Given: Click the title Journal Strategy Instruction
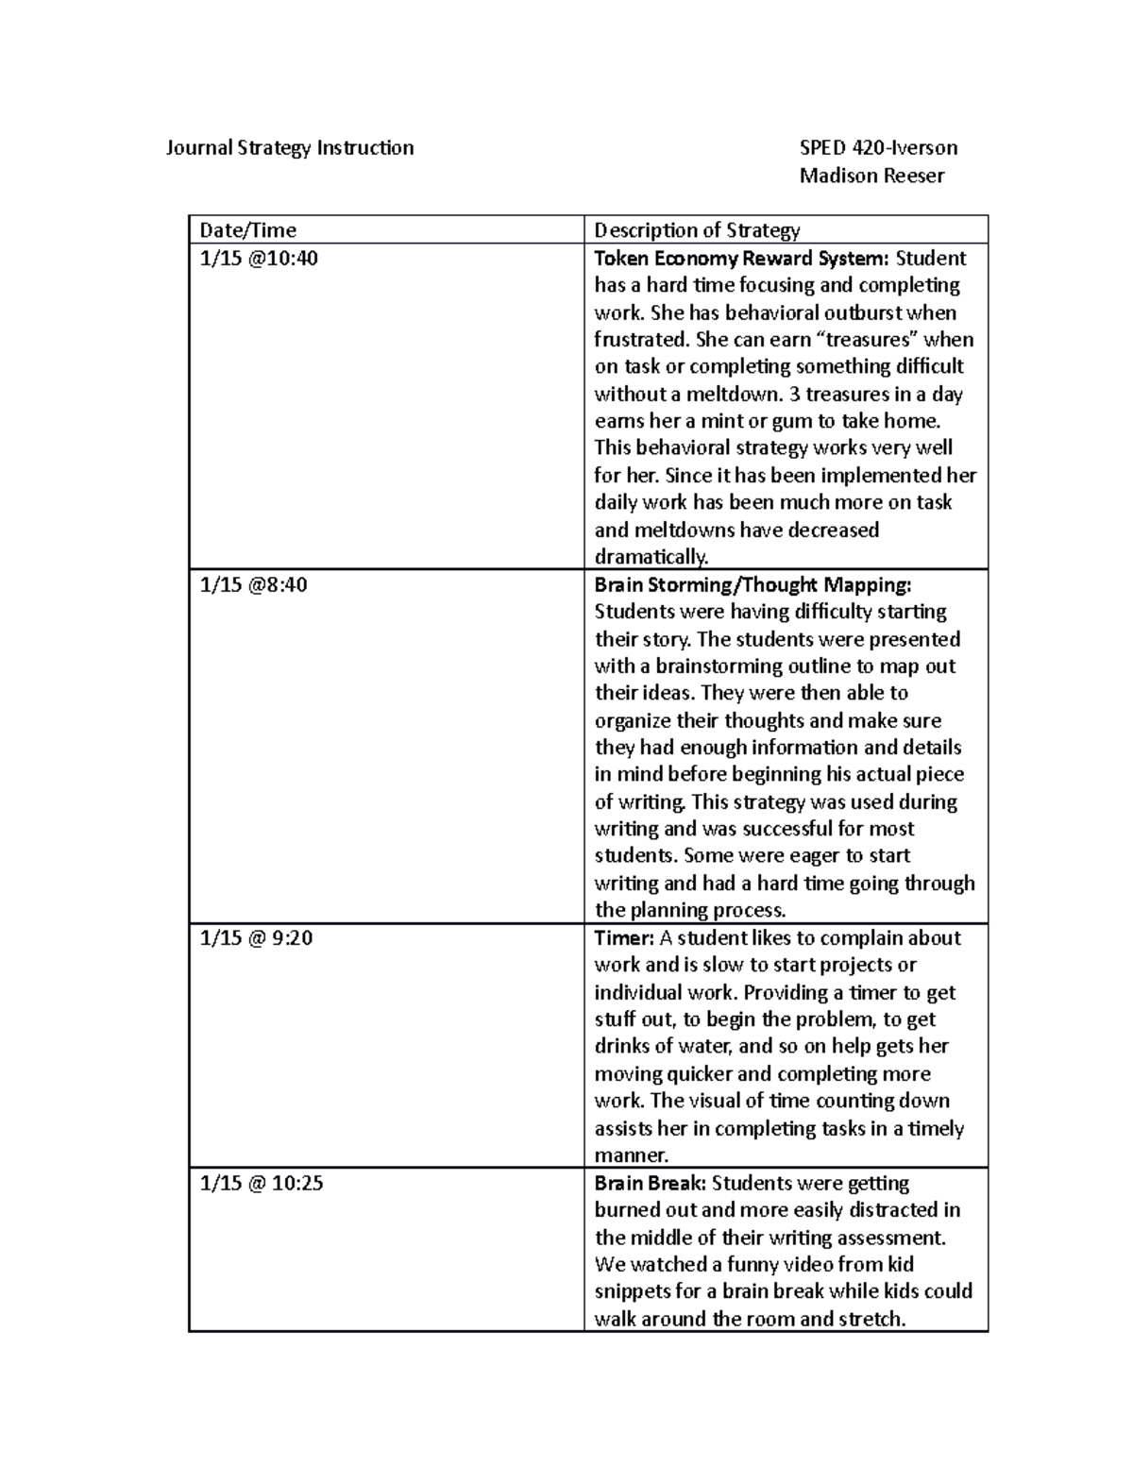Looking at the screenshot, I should click(x=289, y=148).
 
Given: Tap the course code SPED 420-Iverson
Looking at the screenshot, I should click(x=878, y=148).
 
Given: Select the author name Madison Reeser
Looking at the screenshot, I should click(x=871, y=176).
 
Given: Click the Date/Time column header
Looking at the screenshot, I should click(x=247, y=230).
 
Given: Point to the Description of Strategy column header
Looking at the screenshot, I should click(x=697, y=230).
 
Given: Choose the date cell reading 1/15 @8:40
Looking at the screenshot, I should click(x=253, y=585).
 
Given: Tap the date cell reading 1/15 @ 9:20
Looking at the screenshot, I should click(x=256, y=938).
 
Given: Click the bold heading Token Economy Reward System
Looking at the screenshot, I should click(x=741, y=259).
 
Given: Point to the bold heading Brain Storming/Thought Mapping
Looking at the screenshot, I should click(x=753, y=585).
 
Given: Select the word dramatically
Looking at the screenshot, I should click(x=651, y=557).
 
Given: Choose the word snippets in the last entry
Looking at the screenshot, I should click(x=633, y=1291).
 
